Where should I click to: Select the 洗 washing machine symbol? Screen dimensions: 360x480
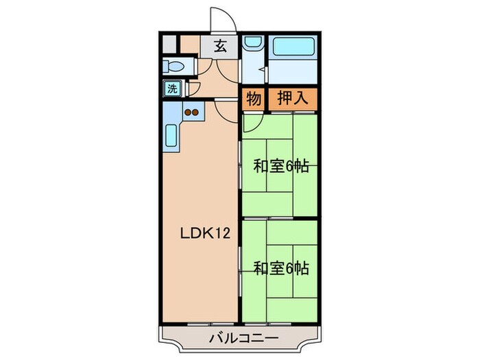[x=172, y=88]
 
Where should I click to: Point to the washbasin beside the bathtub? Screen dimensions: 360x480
[x=252, y=45]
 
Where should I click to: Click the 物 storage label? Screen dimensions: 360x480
[x=253, y=99]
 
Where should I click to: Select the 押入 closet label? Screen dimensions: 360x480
[x=291, y=99]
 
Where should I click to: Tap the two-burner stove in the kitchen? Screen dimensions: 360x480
[x=191, y=112]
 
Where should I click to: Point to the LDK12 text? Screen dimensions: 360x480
[x=200, y=233]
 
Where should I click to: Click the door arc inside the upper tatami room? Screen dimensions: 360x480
[x=252, y=122]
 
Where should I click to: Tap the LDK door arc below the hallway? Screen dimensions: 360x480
[x=225, y=110]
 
